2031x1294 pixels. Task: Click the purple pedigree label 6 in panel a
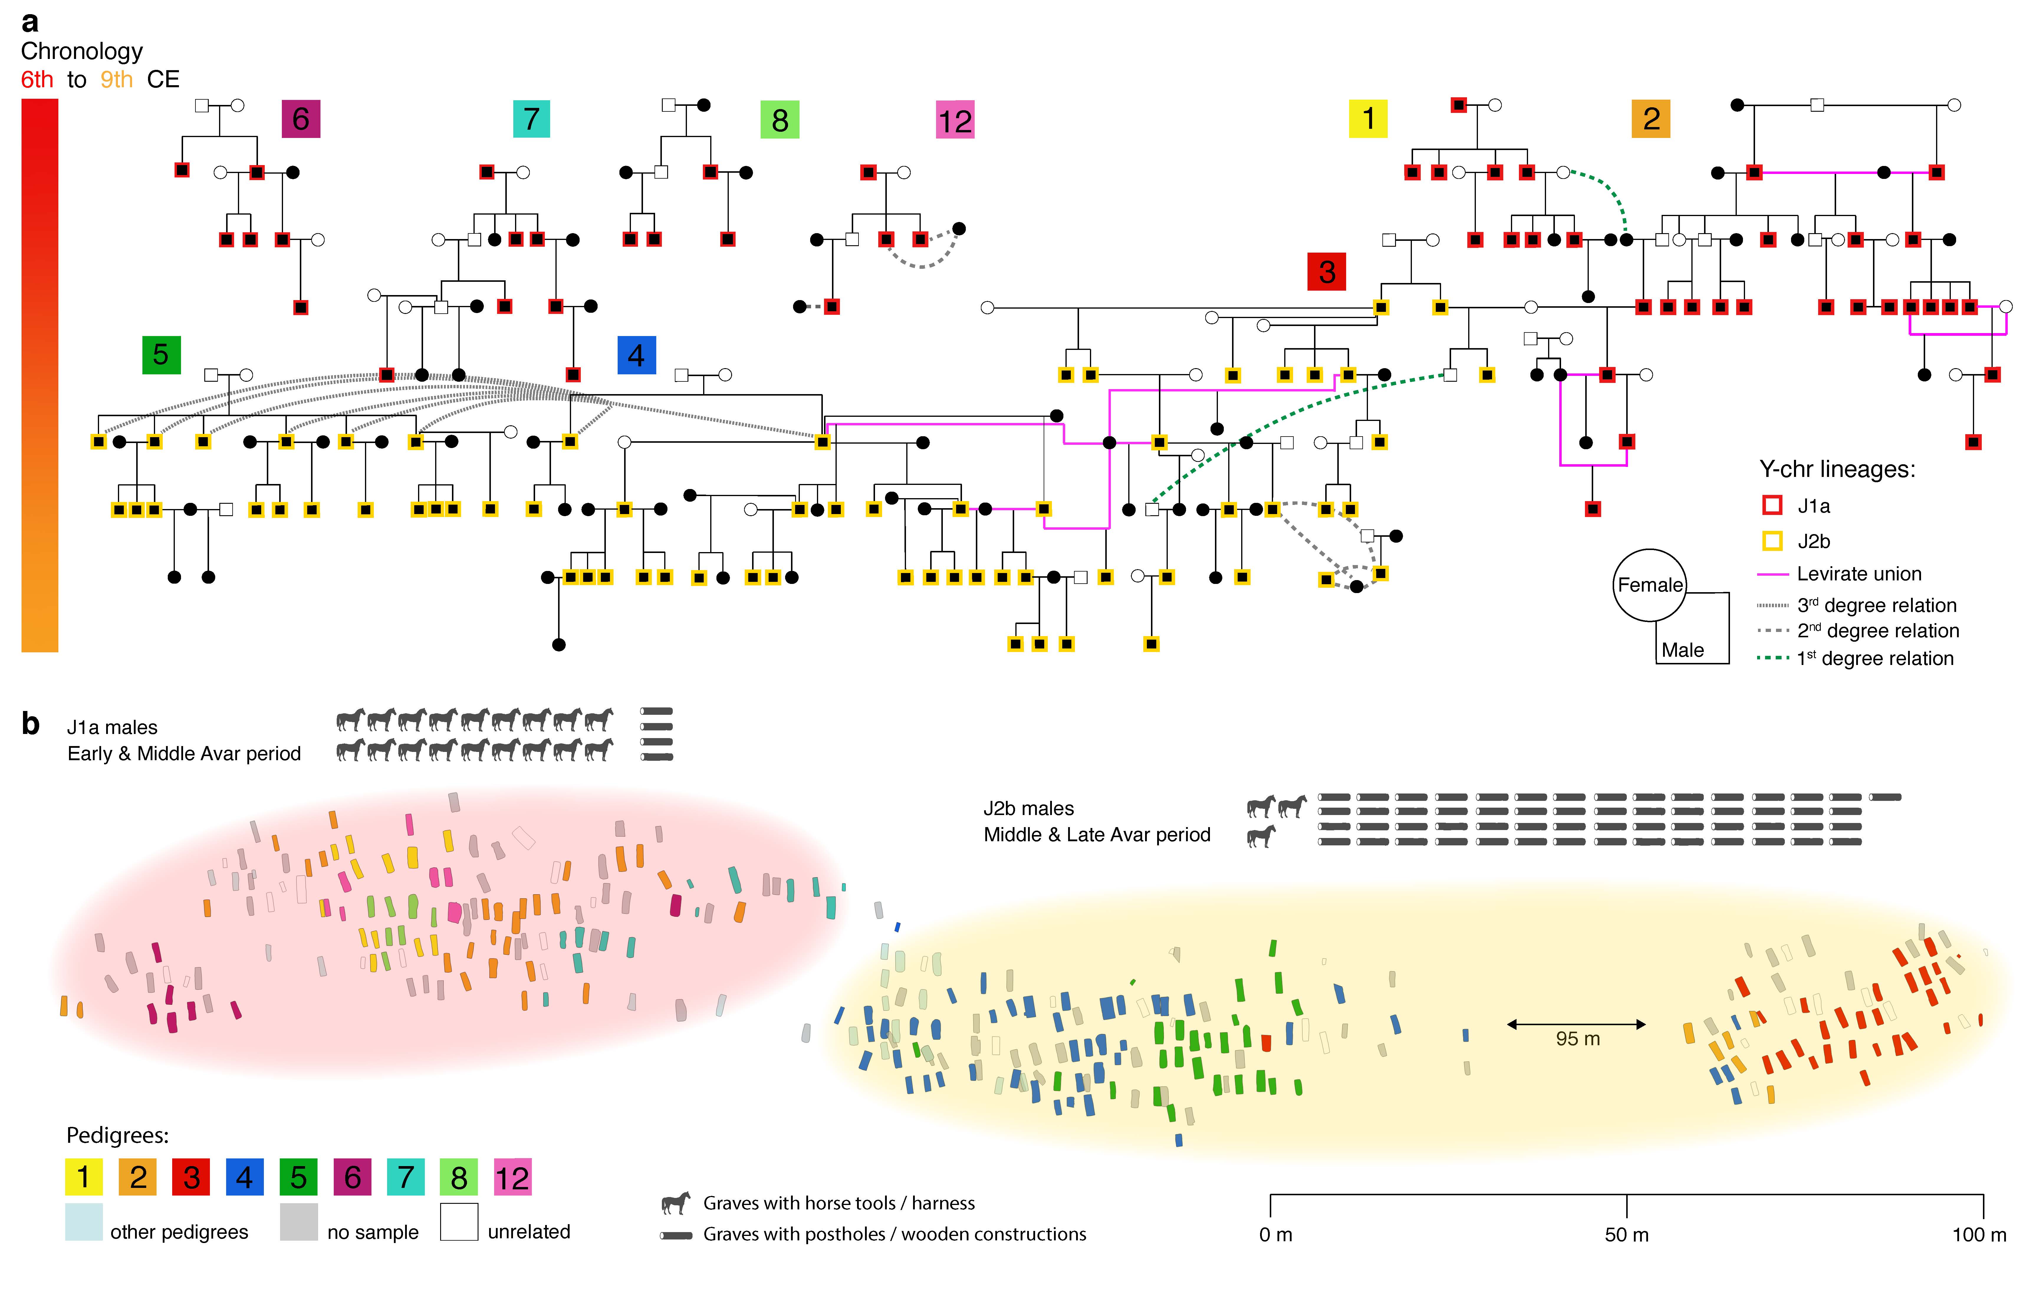pyautogui.click(x=300, y=119)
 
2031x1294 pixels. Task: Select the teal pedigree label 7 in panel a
pyautogui.click(x=531, y=119)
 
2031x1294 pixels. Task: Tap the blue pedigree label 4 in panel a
pyautogui.click(x=636, y=355)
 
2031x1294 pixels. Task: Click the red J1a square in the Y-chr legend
pyautogui.click(x=1772, y=505)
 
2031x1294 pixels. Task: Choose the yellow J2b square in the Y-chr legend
pyautogui.click(x=1772, y=541)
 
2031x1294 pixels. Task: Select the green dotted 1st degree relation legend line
pyautogui.click(x=1772, y=658)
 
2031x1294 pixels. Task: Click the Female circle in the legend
pyautogui.click(x=1649, y=585)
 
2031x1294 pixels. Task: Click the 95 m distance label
pyautogui.click(x=1577, y=1038)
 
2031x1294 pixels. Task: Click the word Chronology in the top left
pyautogui.click(x=82, y=52)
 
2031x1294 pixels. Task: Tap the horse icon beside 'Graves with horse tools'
pyautogui.click(x=676, y=1203)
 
